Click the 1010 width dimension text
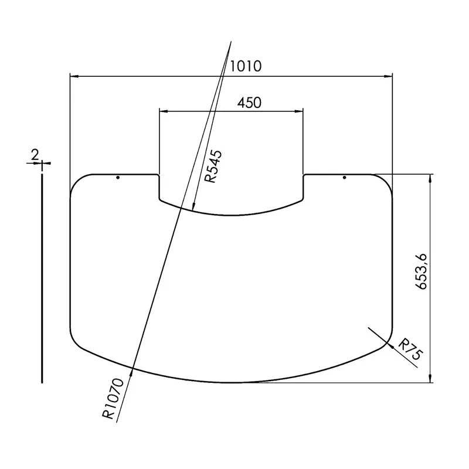(246, 66)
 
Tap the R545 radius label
(213, 166)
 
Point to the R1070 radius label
(113, 399)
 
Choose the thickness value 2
(35, 155)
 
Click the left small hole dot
(118, 178)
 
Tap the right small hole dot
(344, 178)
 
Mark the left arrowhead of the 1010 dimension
(74, 77)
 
